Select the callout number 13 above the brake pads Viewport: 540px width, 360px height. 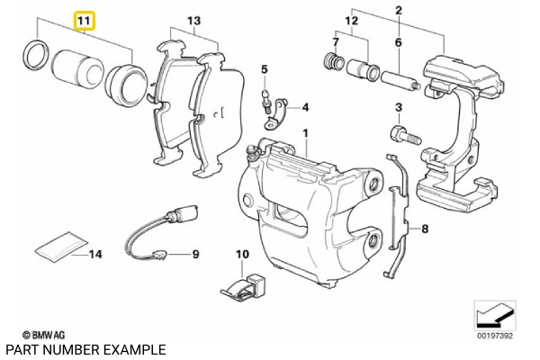(193, 21)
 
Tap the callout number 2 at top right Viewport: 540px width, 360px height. (398, 10)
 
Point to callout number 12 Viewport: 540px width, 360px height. (351, 20)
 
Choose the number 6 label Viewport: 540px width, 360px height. (398, 42)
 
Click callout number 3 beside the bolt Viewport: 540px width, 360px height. (398, 109)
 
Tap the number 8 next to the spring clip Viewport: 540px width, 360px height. (426, 230)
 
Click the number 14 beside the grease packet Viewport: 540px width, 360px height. (96, 255)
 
